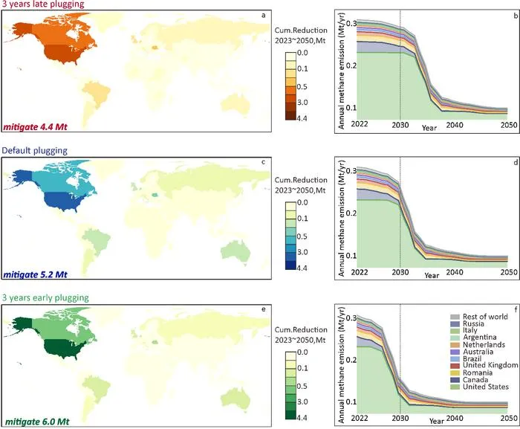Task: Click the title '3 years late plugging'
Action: pos(43,4)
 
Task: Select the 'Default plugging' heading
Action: pos(34,150)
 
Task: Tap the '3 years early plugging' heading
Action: pos(45,297)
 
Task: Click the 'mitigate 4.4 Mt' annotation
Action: pos(35,127)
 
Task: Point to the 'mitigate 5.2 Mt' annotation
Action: pos(35,274)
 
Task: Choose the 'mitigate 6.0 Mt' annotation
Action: pos(37,422)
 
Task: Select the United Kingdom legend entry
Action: pos(484,365)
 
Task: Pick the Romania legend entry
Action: pos(471,372)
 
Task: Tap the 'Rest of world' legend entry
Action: pos(479,317)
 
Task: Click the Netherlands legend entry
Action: pos(478,345)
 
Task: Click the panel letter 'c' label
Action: pos(263,162)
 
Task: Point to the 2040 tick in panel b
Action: pos(455,125)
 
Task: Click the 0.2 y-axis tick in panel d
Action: pos(351,213)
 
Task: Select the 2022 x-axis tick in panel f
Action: pos(360,418)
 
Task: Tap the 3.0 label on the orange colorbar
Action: pos(302,103)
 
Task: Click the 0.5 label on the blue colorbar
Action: pos(302,236)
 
